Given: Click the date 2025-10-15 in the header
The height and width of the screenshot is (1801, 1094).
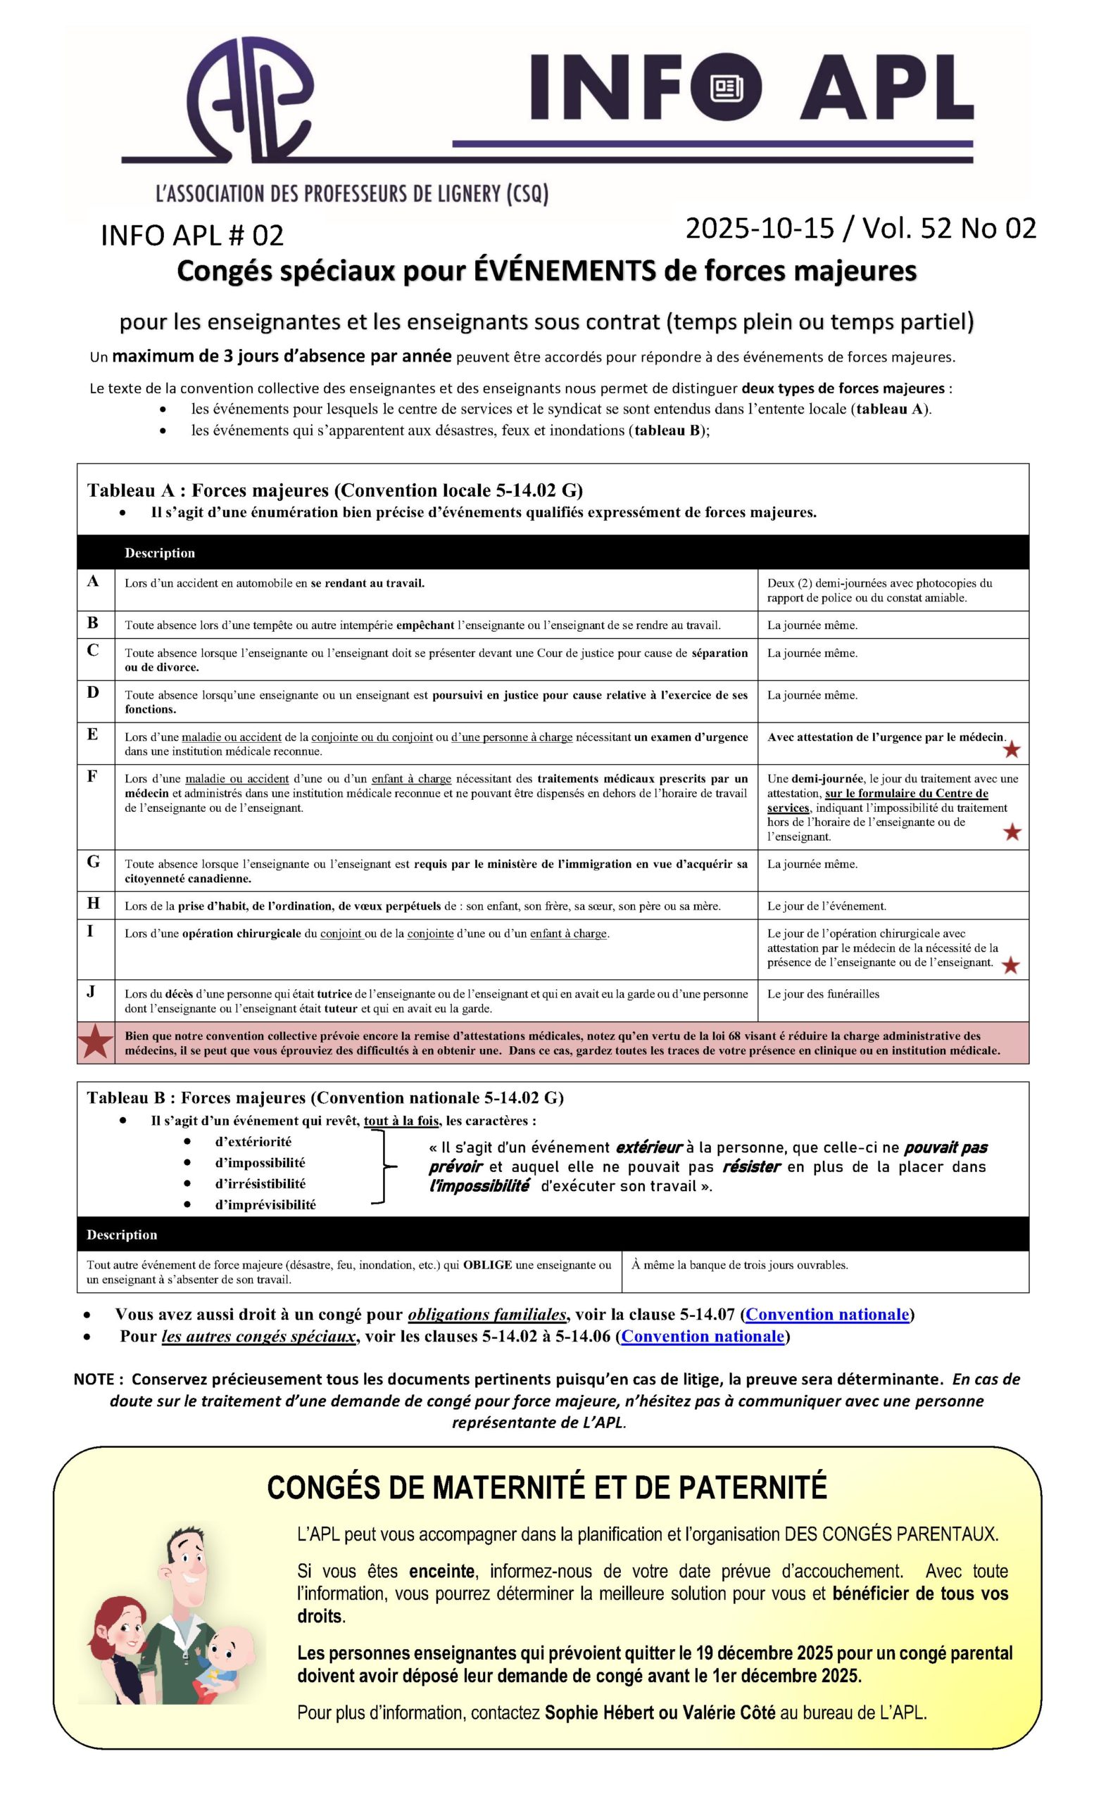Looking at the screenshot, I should [x=759, y=229].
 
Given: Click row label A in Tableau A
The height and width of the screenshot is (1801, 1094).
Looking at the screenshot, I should [x=93, y=582].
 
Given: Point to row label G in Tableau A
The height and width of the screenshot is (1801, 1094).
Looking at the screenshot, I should [x=94, y=862].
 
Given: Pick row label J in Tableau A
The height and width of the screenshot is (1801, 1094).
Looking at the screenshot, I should [x=92, y=992].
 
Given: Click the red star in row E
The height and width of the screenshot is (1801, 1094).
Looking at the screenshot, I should [x=1012, y=750].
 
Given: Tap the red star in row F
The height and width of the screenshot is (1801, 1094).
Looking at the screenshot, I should [x=1012, y=832].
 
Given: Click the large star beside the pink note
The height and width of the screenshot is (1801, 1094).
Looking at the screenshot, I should [x=96, y=1043].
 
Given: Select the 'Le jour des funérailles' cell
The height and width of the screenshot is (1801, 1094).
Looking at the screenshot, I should [x=823, y=994].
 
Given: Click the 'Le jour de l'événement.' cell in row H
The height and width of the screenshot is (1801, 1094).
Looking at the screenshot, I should [x=826, y=906].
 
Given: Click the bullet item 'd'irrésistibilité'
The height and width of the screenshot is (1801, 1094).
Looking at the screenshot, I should [x=260, y=1183].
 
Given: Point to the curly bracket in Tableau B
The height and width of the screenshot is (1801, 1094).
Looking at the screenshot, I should [x=382, y=1166].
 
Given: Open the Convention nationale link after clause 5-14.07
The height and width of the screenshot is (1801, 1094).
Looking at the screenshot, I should [x=827, y=1314].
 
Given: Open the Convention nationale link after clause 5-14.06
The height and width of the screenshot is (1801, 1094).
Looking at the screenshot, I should [x=703, y=1336].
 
